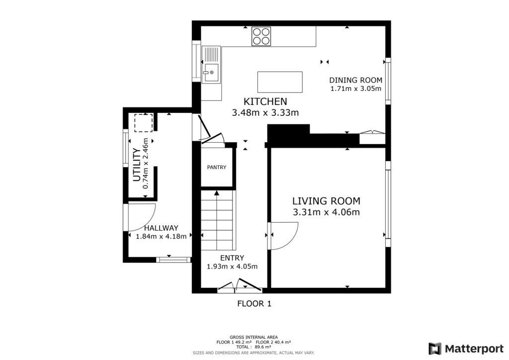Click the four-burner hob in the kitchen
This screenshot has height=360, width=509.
point(261,36)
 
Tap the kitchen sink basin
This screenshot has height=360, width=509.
point(211,73)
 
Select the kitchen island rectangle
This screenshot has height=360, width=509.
point(280,82)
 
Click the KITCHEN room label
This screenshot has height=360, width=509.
point(265,101)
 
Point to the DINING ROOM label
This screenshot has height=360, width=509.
point(356,80)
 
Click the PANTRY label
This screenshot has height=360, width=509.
point(217,167)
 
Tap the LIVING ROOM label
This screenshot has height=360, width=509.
point(326,201)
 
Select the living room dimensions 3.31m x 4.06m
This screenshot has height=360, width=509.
point(326,212)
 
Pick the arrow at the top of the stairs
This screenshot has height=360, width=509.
point(217,193)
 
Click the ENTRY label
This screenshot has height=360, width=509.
point(232,258)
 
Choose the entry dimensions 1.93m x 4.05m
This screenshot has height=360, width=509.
point(232,267)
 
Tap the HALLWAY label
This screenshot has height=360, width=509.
point(162,228)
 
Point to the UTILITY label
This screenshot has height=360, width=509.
point(137,165)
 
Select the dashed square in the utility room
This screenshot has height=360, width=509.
point(144,123)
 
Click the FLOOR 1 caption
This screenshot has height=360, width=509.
point(254,304)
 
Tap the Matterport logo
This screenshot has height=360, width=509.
point(466,349)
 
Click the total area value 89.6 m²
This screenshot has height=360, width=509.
point(263,347)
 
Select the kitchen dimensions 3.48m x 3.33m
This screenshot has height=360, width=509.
point(265,113)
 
